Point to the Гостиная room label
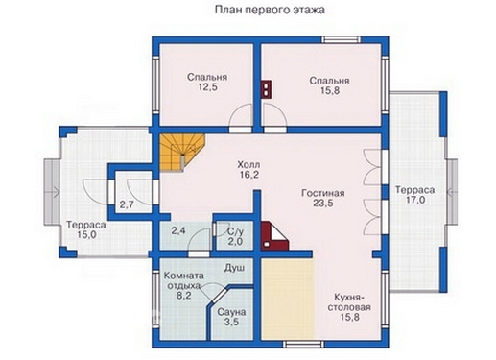click(x=321, y=190)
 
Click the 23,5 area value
click(x=321, y=203)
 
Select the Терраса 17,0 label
click(x=414, y=196)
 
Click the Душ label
click(x=234, y=270)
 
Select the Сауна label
click(x=230, y=313)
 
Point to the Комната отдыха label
click(x=182, y=279)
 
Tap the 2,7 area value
click(x=127, y=205)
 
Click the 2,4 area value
click(x=178, y=231)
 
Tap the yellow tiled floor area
click(x=285, y=303)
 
